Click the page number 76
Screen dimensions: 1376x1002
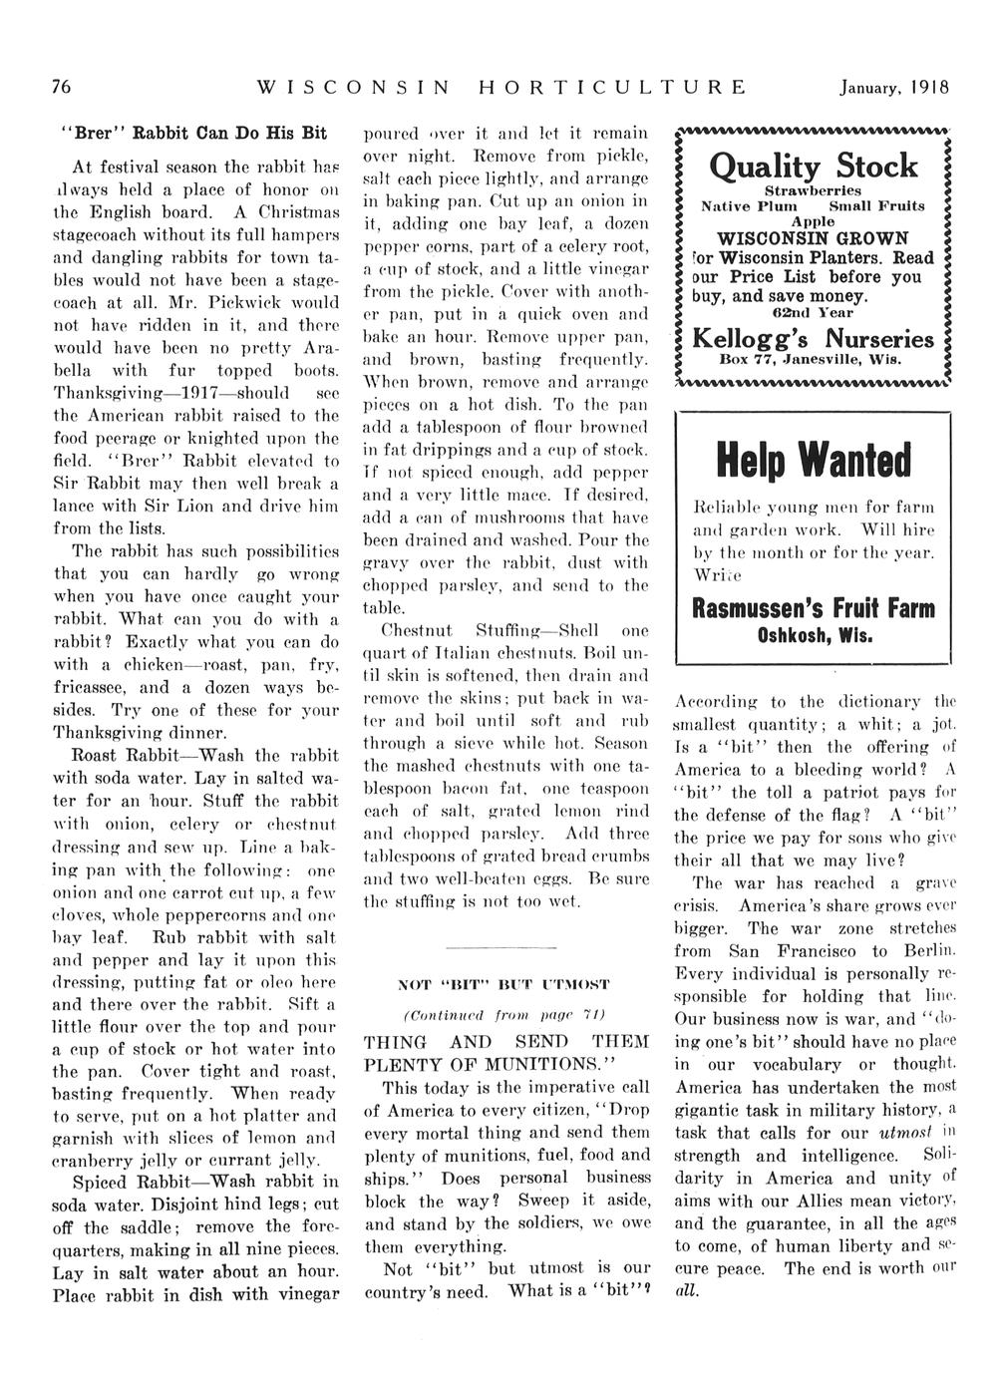[x=61, y=87]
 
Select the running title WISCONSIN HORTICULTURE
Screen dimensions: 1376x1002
[x=501, y=87]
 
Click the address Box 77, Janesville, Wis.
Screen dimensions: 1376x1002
[x=813, y=359]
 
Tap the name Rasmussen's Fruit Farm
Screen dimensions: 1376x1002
[x=812, y=608]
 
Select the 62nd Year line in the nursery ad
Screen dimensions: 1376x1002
[x=812, y=313]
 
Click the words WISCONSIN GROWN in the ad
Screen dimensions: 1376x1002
[x=813, y=238]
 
